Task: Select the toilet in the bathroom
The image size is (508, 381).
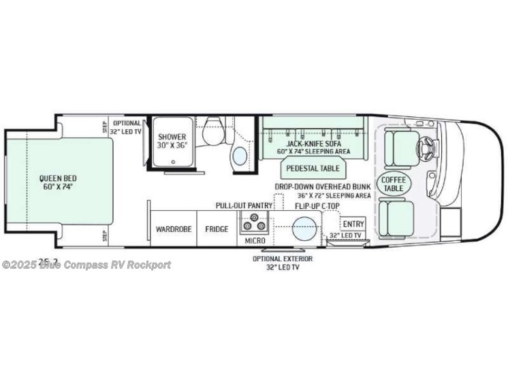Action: (213, 129)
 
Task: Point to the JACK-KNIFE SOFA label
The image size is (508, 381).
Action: (313, 144)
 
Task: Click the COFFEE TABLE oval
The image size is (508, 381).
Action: (394, 184)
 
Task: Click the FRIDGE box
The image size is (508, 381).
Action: (217, 229)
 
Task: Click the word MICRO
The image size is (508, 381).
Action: (255, 241)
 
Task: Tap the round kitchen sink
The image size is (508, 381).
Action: (304, 229)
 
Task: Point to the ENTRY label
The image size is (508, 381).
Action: (353, 224)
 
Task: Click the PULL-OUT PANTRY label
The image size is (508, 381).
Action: (244, 205)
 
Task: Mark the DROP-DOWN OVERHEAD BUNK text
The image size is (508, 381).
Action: (323, 186)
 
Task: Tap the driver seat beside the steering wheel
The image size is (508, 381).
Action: (398, 148)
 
